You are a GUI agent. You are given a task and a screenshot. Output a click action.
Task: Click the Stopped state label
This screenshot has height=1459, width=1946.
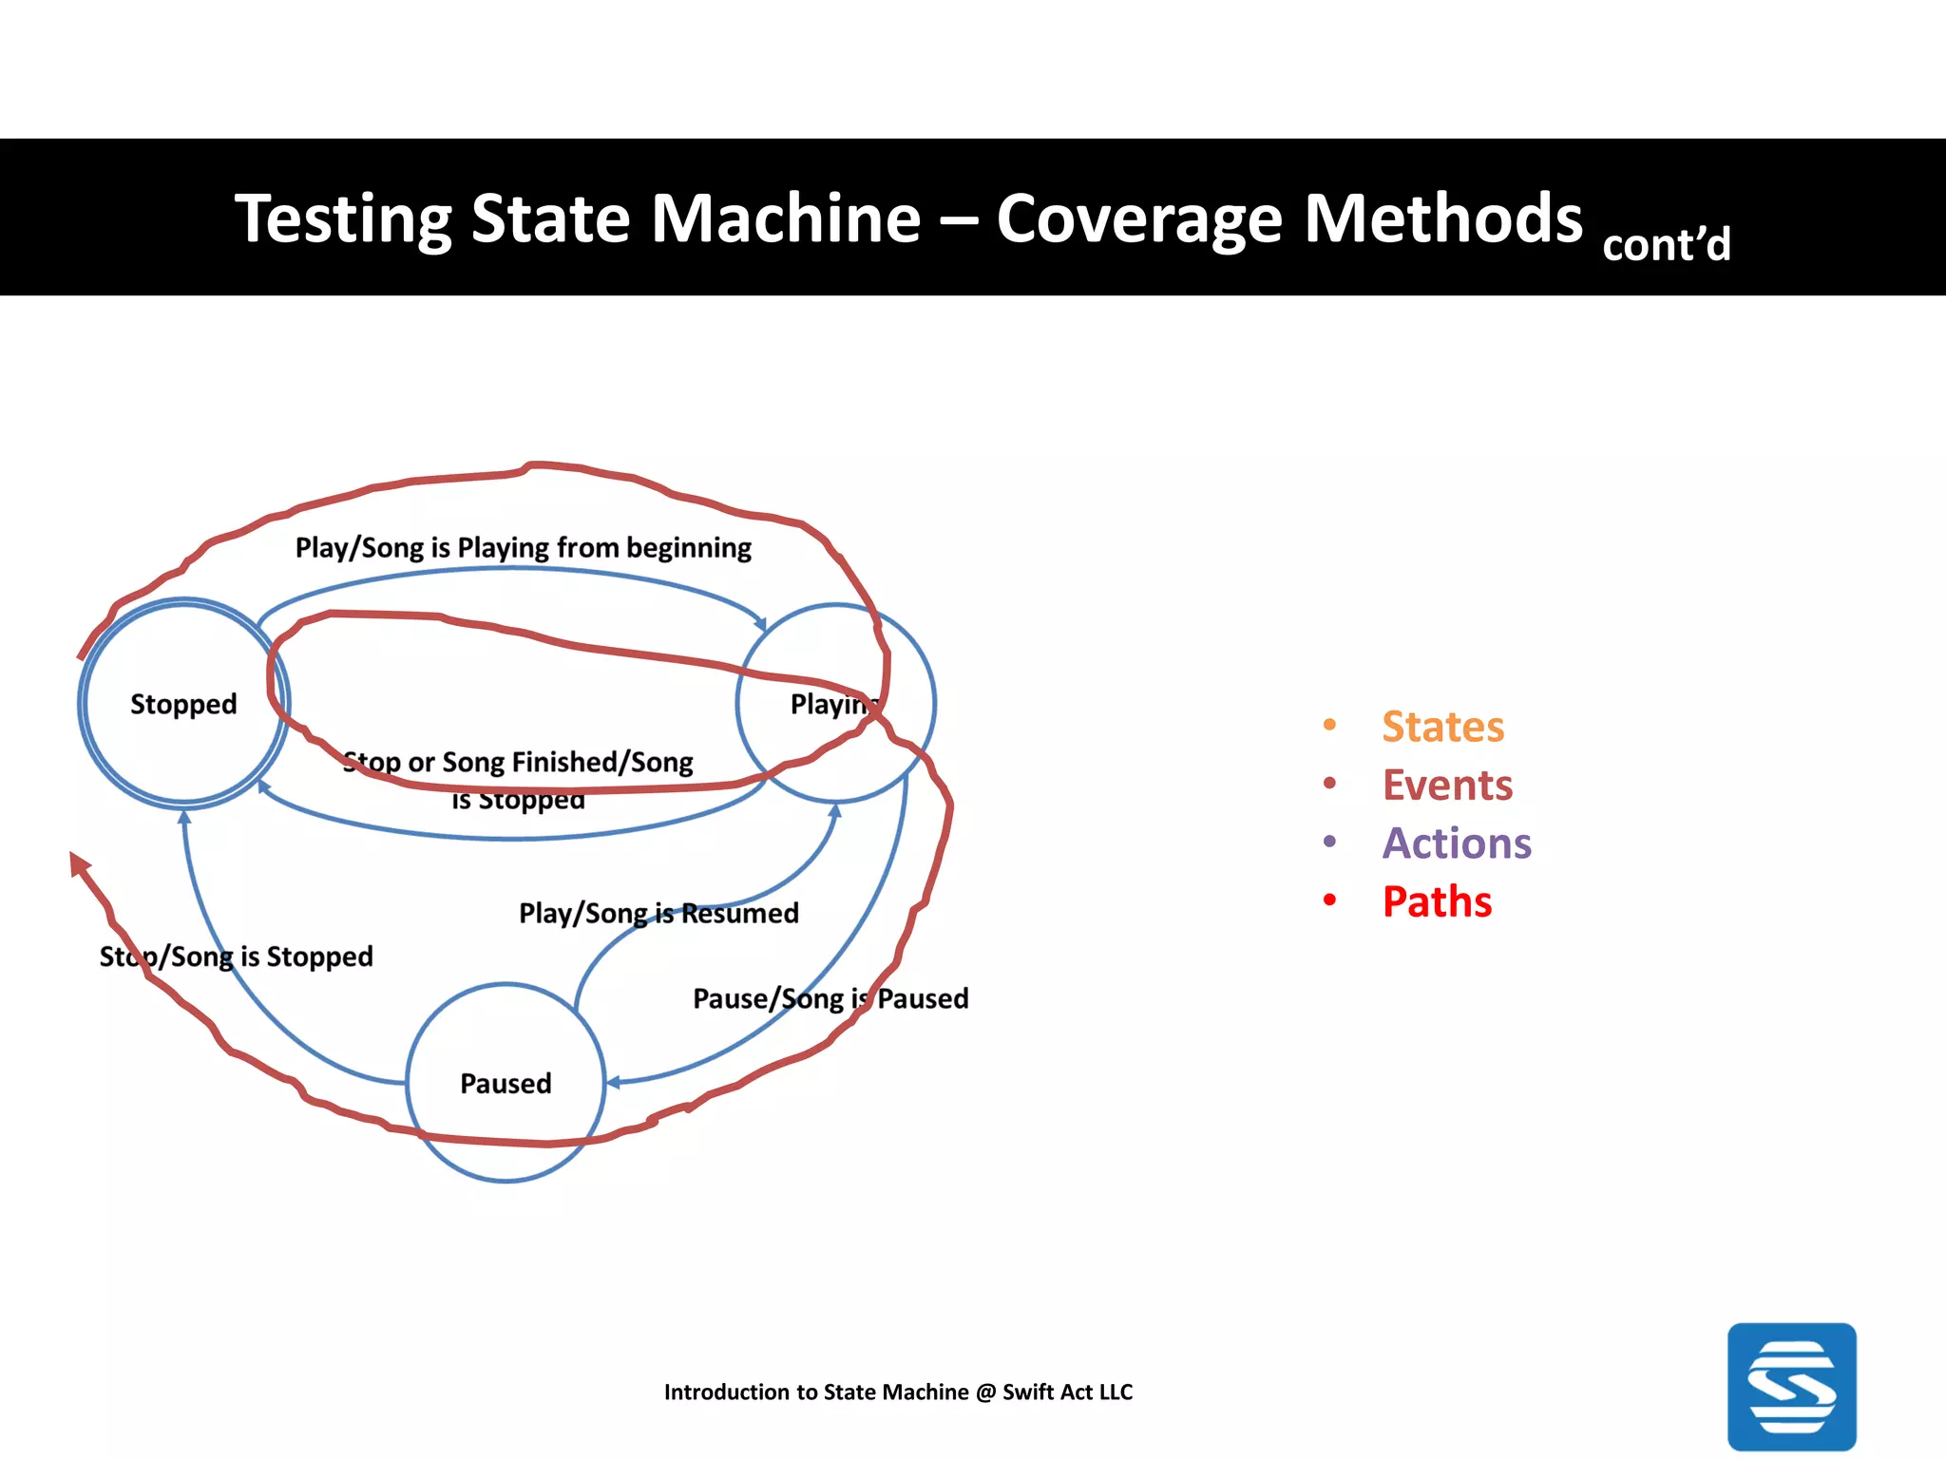point(183,704)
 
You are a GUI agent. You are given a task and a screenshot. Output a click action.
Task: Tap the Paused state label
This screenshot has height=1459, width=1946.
point(506,1084)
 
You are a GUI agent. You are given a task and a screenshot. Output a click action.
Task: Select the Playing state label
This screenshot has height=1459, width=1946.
point(830,704)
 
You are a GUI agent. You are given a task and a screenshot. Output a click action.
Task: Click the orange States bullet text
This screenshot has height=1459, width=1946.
point(1442,727)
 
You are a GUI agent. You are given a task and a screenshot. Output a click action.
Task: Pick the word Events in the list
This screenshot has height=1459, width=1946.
point(1446,786)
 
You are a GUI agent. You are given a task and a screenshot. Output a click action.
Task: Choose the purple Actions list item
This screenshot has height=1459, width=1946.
point(1456,843)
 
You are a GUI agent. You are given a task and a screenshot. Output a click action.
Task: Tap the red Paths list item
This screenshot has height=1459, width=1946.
point(1437,901)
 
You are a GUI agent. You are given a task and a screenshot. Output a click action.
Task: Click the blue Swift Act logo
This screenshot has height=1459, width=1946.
point(1791,1386)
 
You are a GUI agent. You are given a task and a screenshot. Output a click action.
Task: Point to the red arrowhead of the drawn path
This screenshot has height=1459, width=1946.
point(79,863)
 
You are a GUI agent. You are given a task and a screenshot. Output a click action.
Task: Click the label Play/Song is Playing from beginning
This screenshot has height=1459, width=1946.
point(523,548)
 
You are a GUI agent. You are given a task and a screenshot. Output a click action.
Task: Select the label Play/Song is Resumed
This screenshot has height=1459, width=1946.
point(658,913)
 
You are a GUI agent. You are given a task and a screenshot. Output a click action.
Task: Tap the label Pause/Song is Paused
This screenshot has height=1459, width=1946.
point(830,998)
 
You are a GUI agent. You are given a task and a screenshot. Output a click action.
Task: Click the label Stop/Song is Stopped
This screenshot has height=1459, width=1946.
point(237,956)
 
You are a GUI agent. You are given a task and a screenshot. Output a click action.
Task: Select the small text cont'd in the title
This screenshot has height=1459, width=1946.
point(1666,245)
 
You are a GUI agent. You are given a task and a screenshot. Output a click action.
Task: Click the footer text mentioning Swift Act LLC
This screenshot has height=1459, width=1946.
point(898,1392)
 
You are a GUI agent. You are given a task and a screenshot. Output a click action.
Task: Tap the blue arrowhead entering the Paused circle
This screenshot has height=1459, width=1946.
point(613,1082)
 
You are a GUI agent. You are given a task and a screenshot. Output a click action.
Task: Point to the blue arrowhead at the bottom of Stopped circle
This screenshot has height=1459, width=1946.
point(185,816)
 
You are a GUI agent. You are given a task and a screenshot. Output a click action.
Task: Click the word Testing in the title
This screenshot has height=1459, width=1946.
point(342,218)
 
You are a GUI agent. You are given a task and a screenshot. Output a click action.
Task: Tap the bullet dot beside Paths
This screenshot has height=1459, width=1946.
point(1329,900)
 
